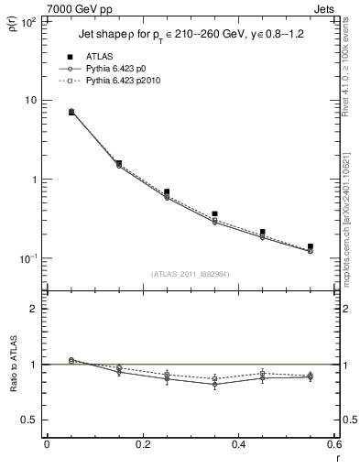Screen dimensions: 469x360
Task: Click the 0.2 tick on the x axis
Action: [142, 446]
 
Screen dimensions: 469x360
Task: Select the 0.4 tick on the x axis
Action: [238, 446]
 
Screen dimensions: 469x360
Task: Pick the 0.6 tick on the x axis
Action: [333, 446]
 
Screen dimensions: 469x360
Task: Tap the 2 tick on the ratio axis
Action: [36, 309]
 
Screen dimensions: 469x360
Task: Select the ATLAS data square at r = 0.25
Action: [166, 192]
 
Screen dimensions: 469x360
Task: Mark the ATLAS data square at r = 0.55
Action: [310, 246]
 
